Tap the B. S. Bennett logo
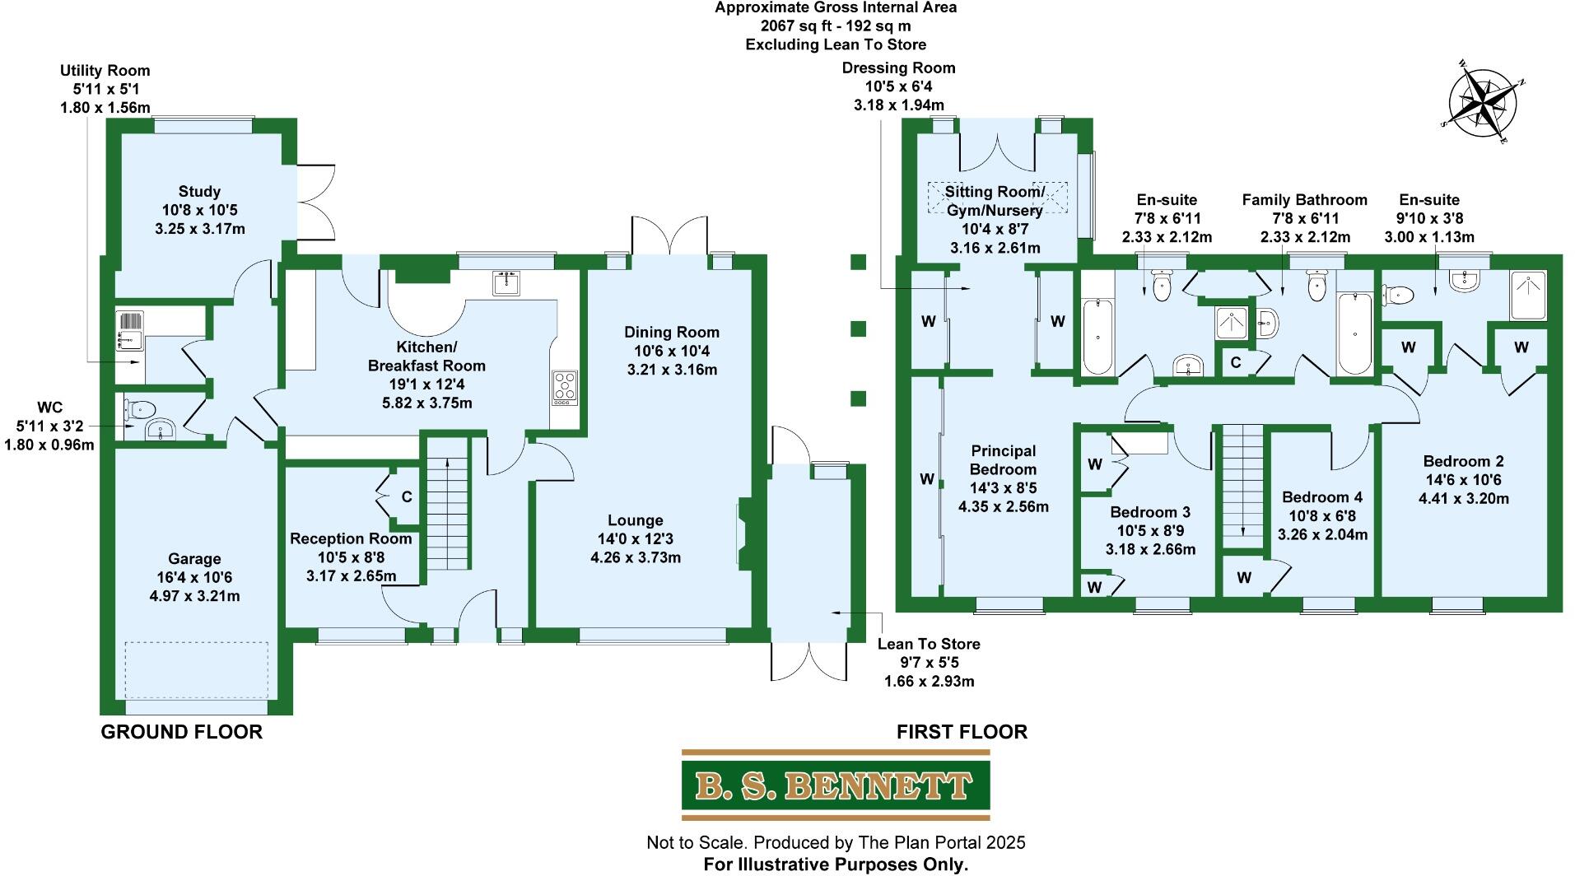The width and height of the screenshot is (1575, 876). click(835, 785)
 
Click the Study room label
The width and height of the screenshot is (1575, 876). click(199, 210)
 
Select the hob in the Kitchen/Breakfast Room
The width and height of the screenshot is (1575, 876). click(565, 386)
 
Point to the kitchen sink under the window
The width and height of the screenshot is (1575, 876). click(506, 282)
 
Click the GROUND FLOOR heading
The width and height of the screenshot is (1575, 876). click(181, 732)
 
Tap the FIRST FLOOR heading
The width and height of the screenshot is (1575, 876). click(961, 732)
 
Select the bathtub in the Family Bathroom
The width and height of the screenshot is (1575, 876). click(1354, 334)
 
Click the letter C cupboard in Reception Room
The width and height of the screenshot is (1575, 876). click(406, 496)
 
